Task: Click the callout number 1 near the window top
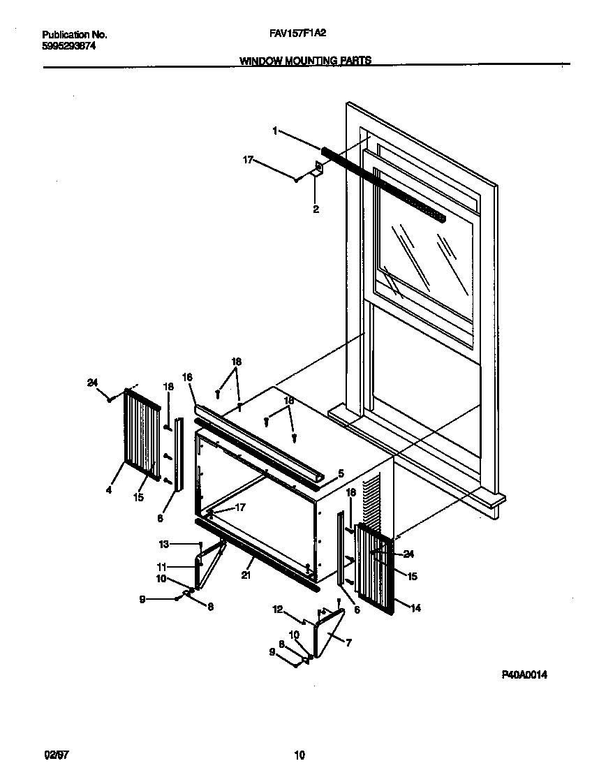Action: pyautogui.click(x=275, y=131)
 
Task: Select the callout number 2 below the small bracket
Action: pyautogui.click(x=316, y=209)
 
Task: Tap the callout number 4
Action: pyautogui.click(x=109, y=490)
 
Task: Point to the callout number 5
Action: pyautogui.click(x=340, y=473)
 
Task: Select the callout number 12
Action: pyautogui.click(x=277, y=610)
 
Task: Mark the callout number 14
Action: pyautogui.click(x=415, y=608)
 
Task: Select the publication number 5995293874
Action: pyautogui.click(x=69, y=45)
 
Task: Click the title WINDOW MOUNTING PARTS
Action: pyautogui.click(x=305, y=61)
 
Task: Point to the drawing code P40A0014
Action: pyautogui.click(x=524, y=675)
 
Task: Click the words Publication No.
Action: pyautogui.click(x=75, y=34)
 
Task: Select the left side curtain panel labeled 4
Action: pyautogui.click(x=140, y=437)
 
